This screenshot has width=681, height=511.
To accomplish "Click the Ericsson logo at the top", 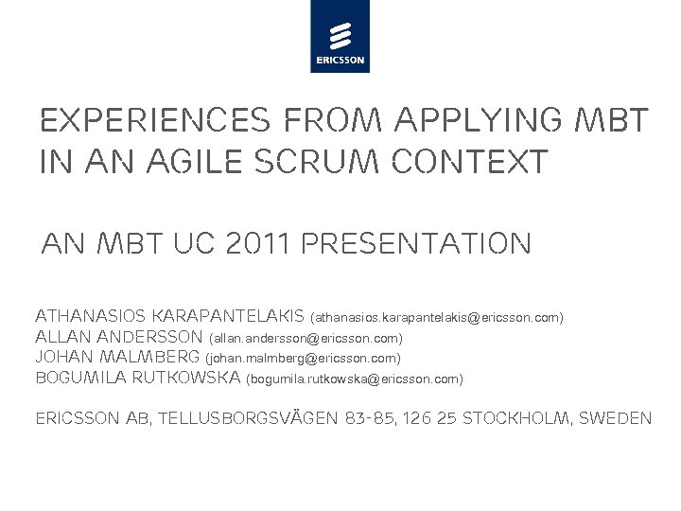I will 340,37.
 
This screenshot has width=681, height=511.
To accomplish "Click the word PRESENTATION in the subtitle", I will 414,245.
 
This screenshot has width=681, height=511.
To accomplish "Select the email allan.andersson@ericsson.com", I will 306,338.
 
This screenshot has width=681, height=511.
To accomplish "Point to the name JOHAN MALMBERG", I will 117,358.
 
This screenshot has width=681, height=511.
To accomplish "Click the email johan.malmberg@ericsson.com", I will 304,359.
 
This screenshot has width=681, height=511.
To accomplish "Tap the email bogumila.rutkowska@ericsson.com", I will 355,379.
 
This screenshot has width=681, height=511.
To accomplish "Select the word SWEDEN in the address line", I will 620,417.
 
